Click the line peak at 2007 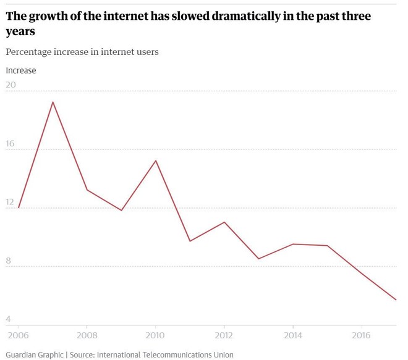click(x=53, y=102)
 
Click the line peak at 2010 click(x=155, y=161)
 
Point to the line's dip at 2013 click(x=258, y=259)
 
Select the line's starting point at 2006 click(x=19, y=207)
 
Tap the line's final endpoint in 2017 click(x=396, y=300)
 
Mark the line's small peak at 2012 click(x=224, y=222)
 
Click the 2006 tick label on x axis click(x=19, y=335)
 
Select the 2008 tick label click(x=87, y=335)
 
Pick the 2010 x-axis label click(x=155, y=335)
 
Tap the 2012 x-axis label click(x=224, y=335)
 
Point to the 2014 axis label click(x=292, y=335)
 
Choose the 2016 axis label click(x=361, y=335)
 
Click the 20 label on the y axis click(x=12, y=85)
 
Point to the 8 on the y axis click(x=9, y=261)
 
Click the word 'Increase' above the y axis click(x=21, y=70)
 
